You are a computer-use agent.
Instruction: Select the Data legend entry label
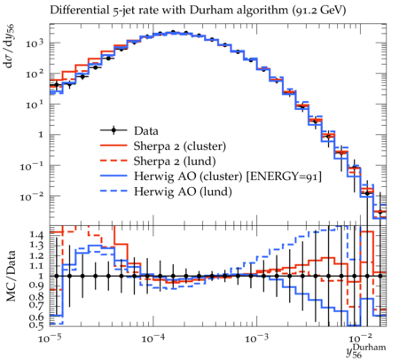click(146, 130)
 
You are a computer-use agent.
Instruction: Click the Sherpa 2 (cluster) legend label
click(180, 146)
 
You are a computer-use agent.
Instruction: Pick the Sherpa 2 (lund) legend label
click(175, 161)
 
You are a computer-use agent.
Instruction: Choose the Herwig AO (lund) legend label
click(183, 192)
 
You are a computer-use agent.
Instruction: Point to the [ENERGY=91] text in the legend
click(284, 176)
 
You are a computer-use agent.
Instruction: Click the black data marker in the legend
click(113, 130)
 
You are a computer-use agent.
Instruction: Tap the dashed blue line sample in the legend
click(113, 191)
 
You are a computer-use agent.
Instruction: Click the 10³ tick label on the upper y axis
click(35, 43)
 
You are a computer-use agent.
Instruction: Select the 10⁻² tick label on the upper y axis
click(32, 196)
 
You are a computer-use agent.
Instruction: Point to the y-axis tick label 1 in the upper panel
click(41, 135)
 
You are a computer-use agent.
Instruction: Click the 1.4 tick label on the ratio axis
click(36, 235)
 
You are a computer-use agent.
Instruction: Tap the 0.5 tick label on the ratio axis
click(36, 325)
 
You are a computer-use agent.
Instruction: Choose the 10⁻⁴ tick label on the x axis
click(153, 338)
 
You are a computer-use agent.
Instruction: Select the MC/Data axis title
click(11, 276)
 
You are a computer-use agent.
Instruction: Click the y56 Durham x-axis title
click(366, 351)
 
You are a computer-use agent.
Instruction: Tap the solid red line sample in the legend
click(113, 145)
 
